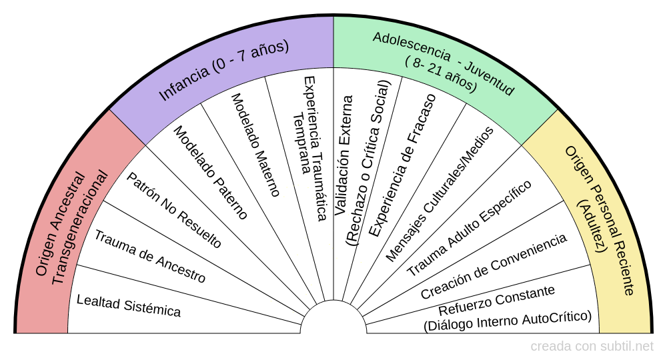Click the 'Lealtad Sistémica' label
(128, 305)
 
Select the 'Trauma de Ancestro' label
(149, 256)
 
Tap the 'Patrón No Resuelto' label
(173, 210)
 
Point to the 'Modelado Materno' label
(255, 144)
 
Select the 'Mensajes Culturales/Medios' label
(440, 193)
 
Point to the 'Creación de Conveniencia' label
(494, 266)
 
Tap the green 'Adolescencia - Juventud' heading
(444, 63)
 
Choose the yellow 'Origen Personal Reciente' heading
(599, 220)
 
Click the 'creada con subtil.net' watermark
(592, 347)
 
